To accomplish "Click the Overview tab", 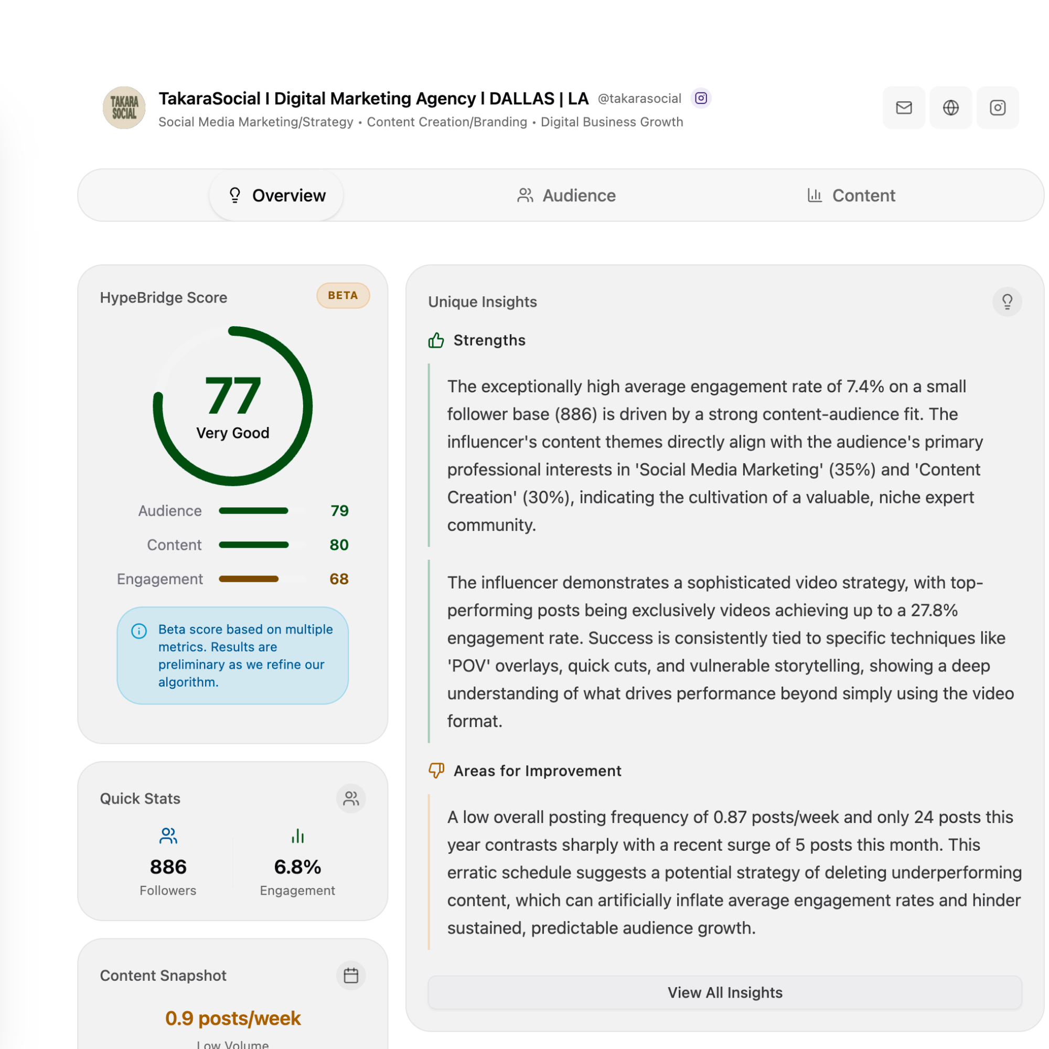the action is point(277,196).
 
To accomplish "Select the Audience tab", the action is point(566,196).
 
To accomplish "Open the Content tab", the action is point(851,196).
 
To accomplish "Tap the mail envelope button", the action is point(904,108).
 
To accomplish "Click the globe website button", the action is point(951,108).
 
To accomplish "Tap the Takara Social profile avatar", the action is point(124,108).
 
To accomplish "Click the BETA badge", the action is point(343,295).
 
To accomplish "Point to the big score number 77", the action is point(232,397).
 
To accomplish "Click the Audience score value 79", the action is point(339,511).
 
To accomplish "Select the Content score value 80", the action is point(339,544).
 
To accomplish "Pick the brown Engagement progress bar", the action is point(249,579).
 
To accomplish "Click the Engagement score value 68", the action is point(339,579).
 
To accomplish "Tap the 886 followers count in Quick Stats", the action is point(168,866).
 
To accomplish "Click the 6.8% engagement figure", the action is point(297,866).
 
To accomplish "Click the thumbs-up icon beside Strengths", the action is point(436,340).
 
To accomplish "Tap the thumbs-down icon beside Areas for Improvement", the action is point(436,770).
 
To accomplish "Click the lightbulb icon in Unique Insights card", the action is point(1007,302).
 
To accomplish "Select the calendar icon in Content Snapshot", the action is point(351,975).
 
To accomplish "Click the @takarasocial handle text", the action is point(639,98).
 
